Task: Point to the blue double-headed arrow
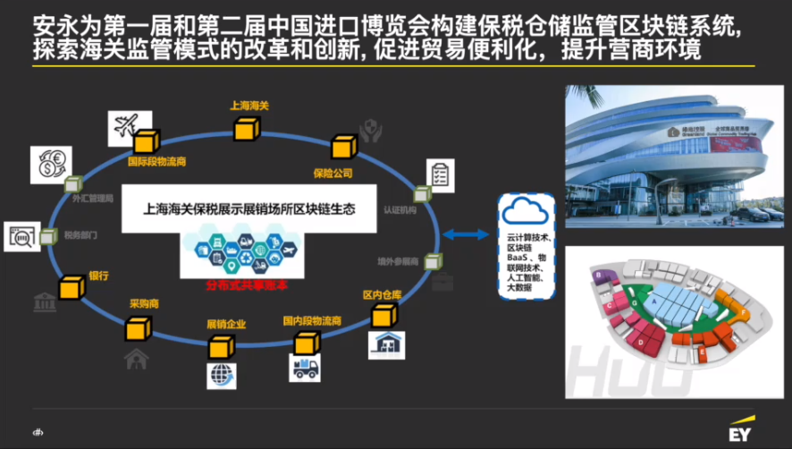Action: click(x=468, y=234)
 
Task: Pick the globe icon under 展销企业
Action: click(x=222, y=375)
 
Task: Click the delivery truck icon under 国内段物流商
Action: click(x=304, y=369)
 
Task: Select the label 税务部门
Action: click(x=80, y=236)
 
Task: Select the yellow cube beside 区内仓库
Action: click(x=384, y=314)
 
